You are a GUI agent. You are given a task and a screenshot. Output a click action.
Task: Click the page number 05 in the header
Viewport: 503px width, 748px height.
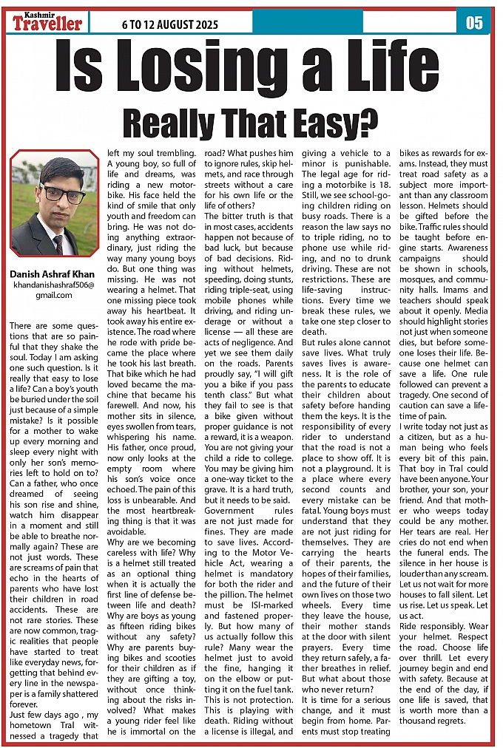(474, 23)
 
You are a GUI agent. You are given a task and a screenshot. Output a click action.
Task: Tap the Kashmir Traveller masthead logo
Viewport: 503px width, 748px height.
(47, 22)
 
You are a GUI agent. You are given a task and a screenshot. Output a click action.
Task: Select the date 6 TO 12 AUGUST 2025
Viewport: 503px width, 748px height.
(170, 25)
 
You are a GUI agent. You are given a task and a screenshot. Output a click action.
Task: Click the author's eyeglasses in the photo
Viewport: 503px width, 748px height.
(53, 194)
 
